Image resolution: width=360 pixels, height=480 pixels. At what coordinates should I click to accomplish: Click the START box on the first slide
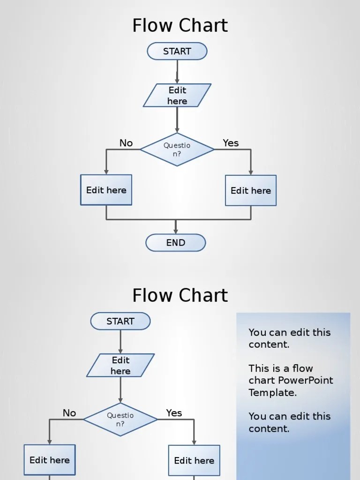point(177,52)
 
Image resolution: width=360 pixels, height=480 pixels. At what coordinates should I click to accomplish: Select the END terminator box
point(176,243)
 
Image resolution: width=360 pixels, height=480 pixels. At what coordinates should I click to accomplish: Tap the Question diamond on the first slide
point(177,150)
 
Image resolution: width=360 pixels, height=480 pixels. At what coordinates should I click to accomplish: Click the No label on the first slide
point(126,143)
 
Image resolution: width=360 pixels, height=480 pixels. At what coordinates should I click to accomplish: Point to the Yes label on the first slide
point(231,143)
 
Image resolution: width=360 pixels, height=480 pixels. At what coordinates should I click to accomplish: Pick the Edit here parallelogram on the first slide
point(177,96)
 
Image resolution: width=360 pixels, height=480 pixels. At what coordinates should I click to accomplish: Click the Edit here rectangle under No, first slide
point(106,190)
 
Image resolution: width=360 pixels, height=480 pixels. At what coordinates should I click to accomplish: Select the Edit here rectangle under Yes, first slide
point(251,191)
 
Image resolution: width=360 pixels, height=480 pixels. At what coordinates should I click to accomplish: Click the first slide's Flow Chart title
point(180,25)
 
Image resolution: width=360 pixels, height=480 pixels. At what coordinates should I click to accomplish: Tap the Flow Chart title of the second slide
point(180,295)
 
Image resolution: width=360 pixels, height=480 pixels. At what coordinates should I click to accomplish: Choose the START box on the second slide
point(120,322)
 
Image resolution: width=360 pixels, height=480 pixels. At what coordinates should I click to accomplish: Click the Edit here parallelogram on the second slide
point(120,366)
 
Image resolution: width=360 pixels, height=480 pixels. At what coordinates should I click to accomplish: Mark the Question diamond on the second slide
point(120,420)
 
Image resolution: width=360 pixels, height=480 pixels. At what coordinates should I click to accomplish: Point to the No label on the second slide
point(69,413)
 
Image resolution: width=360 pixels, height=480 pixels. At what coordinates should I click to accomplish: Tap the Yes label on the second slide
point(174,413)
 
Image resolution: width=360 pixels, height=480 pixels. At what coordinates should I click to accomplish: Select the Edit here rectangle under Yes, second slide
point(194,461)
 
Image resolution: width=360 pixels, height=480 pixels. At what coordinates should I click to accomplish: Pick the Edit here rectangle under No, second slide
point(50,460)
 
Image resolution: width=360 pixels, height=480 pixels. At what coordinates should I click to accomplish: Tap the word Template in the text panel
point(272,393)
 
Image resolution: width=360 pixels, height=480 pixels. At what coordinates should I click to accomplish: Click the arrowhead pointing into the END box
point(176,231)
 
